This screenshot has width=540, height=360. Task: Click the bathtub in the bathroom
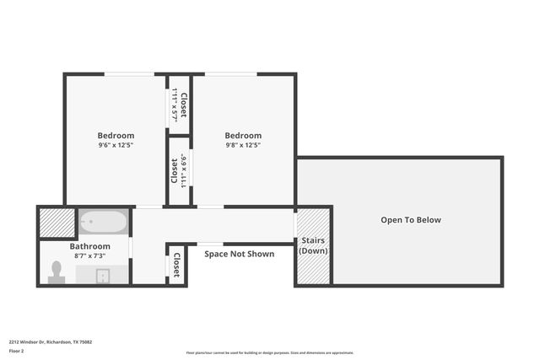coord(104,223)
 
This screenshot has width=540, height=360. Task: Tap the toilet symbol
coord(57,271)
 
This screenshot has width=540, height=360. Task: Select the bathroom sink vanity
coord(102,276)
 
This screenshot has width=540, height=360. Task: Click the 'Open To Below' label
coord(410,220)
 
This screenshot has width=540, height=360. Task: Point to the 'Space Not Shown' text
coord(239,254)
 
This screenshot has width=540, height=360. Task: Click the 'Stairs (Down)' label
coord(313,246)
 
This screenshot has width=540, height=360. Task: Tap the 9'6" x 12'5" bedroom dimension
coord(116,145)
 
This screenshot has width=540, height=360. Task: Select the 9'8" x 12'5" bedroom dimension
coord(243,145)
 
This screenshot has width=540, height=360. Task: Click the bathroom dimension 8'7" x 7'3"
coord(89,255)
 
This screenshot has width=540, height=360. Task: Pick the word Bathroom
coord(89,246)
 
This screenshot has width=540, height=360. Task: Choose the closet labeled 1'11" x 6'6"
coord(178,170)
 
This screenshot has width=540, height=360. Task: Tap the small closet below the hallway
coord(176,266)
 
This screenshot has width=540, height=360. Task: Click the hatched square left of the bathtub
coord(57,223)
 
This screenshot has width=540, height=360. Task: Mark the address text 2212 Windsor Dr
coord(51,342)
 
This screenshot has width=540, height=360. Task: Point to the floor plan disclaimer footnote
coord(269,353)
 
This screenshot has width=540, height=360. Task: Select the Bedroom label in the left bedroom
coord(116,135)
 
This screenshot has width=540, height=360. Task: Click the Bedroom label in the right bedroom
coord(243,135)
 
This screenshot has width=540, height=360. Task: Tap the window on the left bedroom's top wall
coord(129,74)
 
